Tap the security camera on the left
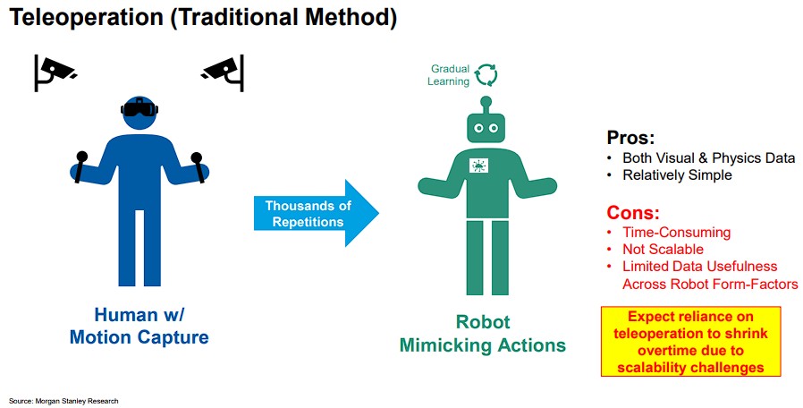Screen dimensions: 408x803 coord(56,71)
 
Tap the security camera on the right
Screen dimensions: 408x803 coord(223,72)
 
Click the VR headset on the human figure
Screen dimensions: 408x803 coord(139,109)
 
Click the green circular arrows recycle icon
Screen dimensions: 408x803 coord(486,73)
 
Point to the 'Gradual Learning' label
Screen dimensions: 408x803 coord(450,74)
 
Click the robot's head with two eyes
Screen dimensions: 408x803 coord(485,128)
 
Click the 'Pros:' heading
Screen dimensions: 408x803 coord(631,138)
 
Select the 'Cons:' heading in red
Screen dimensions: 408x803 coord(633,213)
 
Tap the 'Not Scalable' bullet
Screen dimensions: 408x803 coord(663,250)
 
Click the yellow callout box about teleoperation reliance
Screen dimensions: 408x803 coord(690,342)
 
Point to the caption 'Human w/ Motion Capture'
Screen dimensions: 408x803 coord(139,326)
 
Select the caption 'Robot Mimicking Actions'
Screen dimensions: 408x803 coord(483,334)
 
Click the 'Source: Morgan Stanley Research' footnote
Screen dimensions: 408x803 coord(63,400)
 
